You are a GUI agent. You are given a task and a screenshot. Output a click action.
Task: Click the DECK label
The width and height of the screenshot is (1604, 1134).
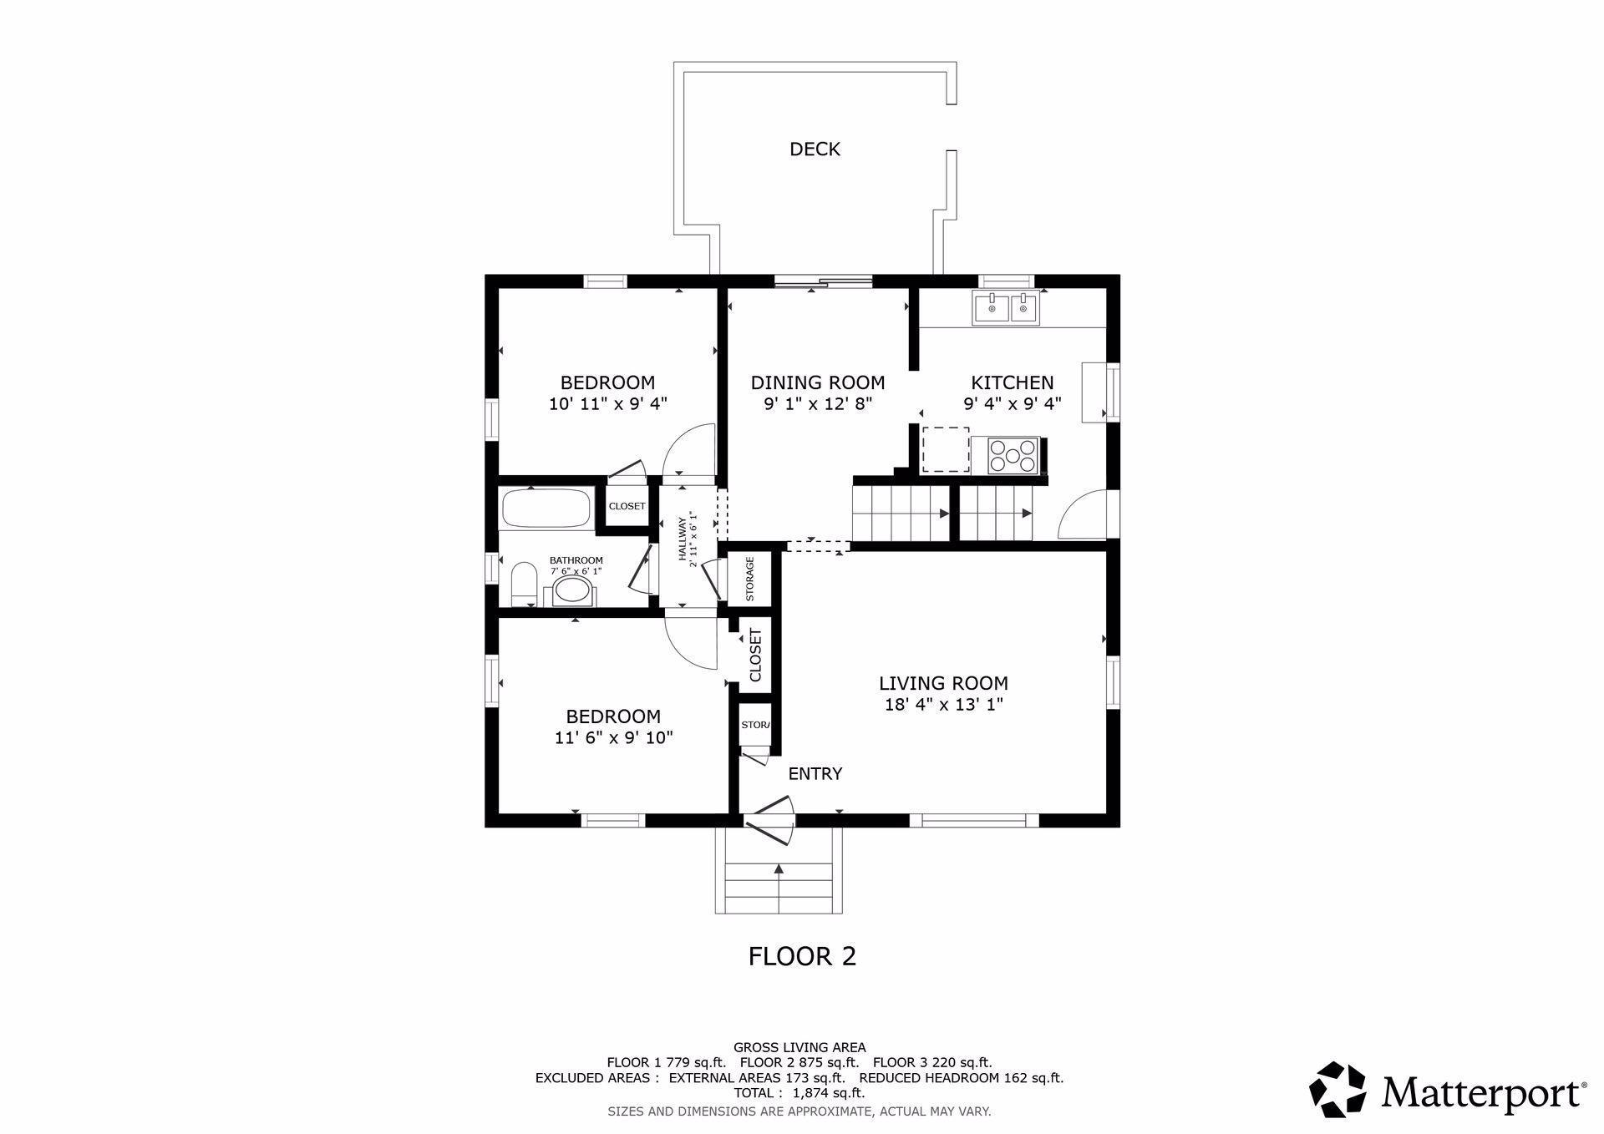click(815, 149)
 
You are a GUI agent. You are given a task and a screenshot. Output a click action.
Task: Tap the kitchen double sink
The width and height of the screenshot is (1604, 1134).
click(1005, 308)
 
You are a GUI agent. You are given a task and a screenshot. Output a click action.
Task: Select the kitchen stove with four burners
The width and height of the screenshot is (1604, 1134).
click(1013, 455)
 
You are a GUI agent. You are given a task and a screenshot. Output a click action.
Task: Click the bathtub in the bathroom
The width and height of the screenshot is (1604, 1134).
click(546, 508)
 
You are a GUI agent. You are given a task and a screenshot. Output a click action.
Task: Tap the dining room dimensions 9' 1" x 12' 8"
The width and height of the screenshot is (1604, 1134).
click(818, 404)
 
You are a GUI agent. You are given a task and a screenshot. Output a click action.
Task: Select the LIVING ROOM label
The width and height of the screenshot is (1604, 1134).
click(943, 683)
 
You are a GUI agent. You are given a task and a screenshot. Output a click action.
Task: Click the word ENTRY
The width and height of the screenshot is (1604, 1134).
click(815, 774)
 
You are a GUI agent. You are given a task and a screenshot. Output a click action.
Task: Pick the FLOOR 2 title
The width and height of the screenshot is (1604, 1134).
click(802, 956)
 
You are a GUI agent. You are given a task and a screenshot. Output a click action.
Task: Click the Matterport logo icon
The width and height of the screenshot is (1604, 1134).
click(1338, 1089)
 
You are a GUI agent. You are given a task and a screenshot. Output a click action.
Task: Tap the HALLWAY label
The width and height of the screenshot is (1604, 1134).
click(683, 540)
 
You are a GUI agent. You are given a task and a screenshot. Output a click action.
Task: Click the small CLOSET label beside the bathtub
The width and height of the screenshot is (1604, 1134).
click(627, 506)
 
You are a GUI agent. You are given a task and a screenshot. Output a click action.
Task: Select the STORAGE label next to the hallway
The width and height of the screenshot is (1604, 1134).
click(749, 579)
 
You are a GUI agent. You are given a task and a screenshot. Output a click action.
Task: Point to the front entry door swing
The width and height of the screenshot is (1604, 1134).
click(771, 822)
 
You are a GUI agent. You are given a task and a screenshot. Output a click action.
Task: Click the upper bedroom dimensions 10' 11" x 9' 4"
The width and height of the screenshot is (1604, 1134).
click(607, 404)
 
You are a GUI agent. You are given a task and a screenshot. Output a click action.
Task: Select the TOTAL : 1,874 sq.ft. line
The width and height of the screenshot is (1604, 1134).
click(799, 1092)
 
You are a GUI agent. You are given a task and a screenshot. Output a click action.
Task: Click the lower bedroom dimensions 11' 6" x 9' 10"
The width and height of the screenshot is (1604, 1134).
click(614, 738)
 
